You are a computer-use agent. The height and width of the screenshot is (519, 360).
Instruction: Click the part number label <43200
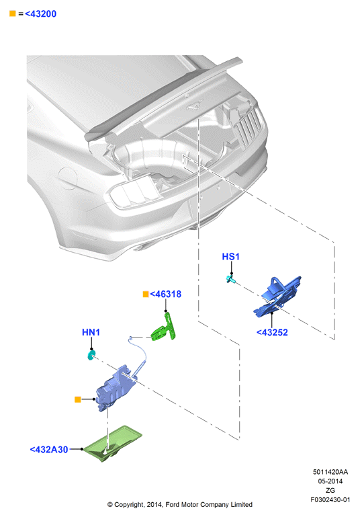point(41,14)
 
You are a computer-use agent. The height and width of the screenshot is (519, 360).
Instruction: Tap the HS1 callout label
point(230,257)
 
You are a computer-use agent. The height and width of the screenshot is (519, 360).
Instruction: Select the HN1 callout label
point(91,332)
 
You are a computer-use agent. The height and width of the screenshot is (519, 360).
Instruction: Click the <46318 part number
point(166,294)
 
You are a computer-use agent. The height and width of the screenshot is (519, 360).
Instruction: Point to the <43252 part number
point(272,332)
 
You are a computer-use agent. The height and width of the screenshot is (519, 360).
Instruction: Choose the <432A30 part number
point(49,450)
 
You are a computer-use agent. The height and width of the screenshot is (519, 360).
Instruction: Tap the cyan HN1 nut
point(91,355)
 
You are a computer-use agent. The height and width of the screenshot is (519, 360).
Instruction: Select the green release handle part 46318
point(164,327)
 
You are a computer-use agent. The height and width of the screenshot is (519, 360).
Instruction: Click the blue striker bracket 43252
point(277,297)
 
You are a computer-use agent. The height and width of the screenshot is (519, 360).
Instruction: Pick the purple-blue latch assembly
point(116,388)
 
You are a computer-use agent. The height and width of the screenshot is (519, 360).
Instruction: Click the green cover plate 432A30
point(112,444)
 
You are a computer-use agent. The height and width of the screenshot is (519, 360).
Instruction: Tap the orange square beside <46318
point(146,294)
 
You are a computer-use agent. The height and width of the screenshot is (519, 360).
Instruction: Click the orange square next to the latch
point(78,399)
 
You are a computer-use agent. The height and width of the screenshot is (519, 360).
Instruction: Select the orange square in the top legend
point(13,13)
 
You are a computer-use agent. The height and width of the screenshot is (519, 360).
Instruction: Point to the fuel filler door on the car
point(67,178)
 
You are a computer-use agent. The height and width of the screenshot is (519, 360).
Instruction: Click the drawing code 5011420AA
point(330,472)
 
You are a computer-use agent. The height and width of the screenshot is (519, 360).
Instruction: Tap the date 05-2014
point(330,481)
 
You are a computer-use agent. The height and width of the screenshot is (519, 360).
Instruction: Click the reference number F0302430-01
point(330,500)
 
